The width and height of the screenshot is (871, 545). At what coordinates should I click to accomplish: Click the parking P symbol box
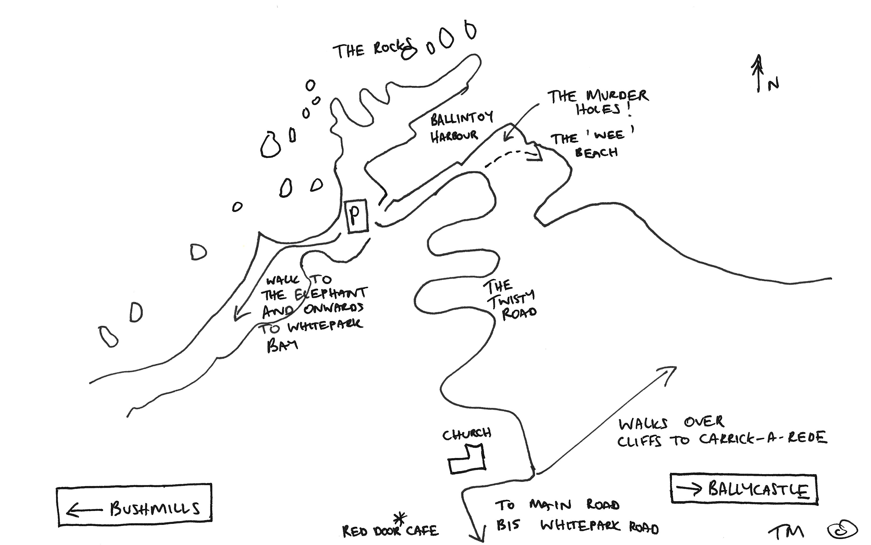click(x=357, y=216)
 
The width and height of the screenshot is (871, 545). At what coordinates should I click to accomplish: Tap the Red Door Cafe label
click(x=390, y=531)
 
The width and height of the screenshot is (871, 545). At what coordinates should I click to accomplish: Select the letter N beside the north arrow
click(x=773, y=84)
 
